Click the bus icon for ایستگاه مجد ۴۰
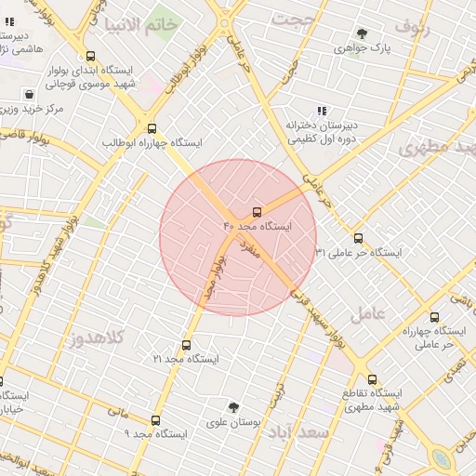tap(258, 212)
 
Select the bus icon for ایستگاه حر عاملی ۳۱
tap(358, 238)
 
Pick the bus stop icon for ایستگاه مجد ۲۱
tap(186, 345)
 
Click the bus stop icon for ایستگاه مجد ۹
tap(155, 420)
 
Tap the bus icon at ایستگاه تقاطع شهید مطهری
tap(373, 379)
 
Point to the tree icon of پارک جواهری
tap(362, 33)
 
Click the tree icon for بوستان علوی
tap(233, 406)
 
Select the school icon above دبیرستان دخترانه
tap(322, 111)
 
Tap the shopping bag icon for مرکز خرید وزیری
tap(30, 95)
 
